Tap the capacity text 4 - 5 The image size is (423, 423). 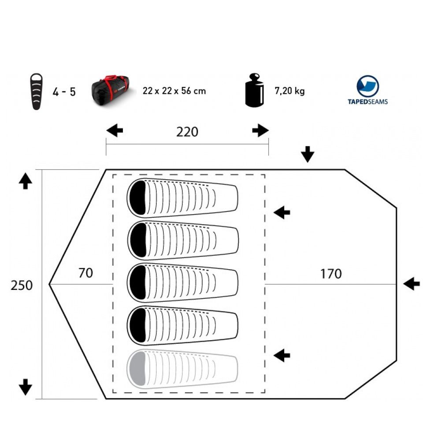point(64,93)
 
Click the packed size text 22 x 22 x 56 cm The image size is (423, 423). point(174,91)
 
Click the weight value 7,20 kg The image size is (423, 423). point(289,91)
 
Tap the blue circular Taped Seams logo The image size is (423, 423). point(367,86)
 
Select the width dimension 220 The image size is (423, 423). point(187,132)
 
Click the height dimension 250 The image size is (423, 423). point(22,286)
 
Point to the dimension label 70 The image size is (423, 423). point(85,273)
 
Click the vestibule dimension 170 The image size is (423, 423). point(330,274)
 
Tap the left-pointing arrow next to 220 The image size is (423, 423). point(115,130)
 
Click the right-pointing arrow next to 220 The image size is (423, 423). point(260,130)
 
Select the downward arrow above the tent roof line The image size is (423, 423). point(308,154)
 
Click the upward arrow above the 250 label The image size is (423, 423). point(26,181)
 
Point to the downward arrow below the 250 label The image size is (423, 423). point(26,387)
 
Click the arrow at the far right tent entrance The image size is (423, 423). point(411,284)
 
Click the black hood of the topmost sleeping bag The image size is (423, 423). point(138,198)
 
